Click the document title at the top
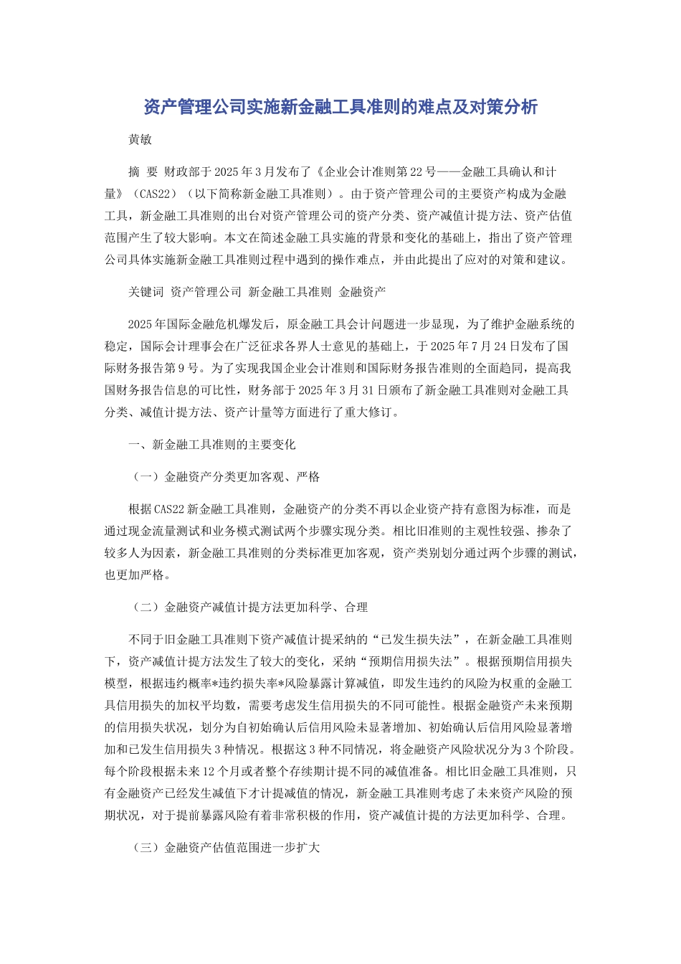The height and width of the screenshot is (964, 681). coord(340,108)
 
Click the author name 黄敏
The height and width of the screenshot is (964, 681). coord(140,140)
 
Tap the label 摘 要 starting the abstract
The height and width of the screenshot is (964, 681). coord(143,172)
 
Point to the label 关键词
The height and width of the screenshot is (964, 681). coord(146,292)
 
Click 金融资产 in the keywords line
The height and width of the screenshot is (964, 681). coord(362,292)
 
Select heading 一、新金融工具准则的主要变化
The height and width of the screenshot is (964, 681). coord(211,445)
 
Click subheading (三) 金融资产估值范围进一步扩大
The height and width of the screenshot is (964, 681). coord(227,848)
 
